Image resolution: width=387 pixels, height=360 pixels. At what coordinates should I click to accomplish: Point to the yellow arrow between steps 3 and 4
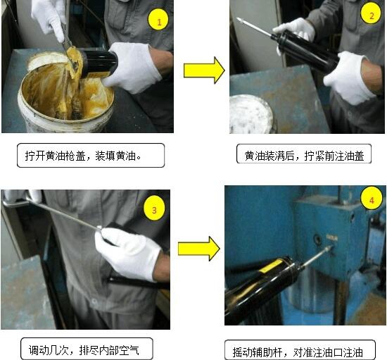click(198, 248)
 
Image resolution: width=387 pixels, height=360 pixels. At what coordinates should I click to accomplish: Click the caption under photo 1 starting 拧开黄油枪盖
click(90, 155)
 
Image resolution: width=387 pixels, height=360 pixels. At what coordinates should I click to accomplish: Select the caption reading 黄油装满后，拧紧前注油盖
click(303, 156)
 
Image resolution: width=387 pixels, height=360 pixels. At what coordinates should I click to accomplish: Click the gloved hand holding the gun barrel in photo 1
click(134, 66)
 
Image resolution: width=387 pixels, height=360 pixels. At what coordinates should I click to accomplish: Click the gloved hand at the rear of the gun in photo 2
click(349, 77)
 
